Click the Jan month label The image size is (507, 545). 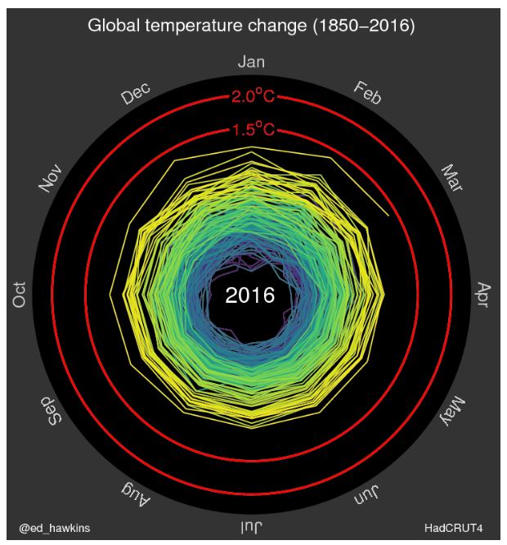click(x=251, y=62)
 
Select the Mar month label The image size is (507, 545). click(x=451, y=179)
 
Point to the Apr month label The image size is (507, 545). click(x=482, y=295)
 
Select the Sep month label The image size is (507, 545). click(x=51, y=412)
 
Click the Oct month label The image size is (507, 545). click(x=20, y=295)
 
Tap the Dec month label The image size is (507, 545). click(x=136, y=94)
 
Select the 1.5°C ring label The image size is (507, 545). click(x=252, y=129)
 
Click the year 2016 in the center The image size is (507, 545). click(x=250, y=295)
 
